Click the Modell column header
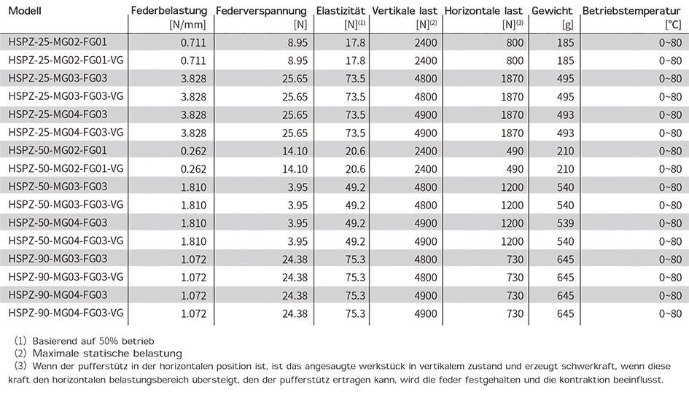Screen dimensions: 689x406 click(25, 10)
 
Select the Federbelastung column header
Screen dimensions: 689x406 click(169, 10)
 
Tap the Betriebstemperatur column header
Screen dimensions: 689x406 click(631, 10)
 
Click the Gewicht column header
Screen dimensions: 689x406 click(552, 10)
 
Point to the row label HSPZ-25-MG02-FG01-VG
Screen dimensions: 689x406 click(66, 60)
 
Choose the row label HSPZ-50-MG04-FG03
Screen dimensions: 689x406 click(58, 223)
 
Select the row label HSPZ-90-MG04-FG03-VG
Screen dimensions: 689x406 click(66, 313)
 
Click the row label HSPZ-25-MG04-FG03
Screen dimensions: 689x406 click(58, 114)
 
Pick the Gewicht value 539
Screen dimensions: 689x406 click(565, 223)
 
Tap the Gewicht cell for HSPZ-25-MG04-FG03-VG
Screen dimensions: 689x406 click(565, 133)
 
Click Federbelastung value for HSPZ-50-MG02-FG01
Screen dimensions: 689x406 click(193, 151)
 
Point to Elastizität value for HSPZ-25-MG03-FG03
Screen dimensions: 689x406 click(355, 79)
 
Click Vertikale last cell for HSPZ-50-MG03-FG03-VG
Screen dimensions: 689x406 click(425, 206)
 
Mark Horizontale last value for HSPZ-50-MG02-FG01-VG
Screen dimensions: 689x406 click(515, 169)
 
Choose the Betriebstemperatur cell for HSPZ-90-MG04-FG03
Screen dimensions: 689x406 click(670, 295)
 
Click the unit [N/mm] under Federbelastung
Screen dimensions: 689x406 click(187, 25)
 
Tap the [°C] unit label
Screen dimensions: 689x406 click(673, 25)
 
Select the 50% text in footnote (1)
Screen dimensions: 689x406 click(109, 341)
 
